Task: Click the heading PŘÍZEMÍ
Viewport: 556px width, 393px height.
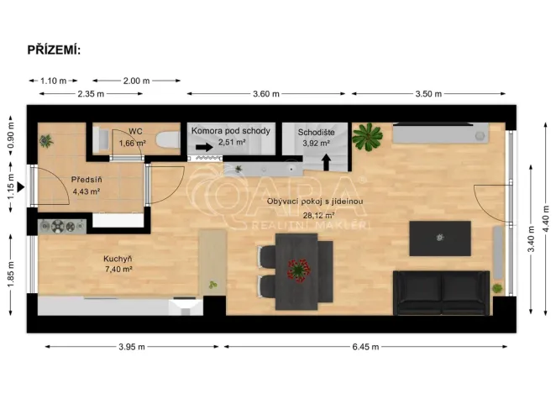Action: point(55,50)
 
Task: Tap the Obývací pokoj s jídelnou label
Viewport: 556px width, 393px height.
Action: point(314,202)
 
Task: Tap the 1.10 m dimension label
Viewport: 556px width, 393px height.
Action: point(53,81)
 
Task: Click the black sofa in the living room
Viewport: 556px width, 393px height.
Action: point(442,291)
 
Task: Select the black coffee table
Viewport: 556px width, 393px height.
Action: point(439,238)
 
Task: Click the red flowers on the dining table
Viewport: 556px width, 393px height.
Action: point(296,270)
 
